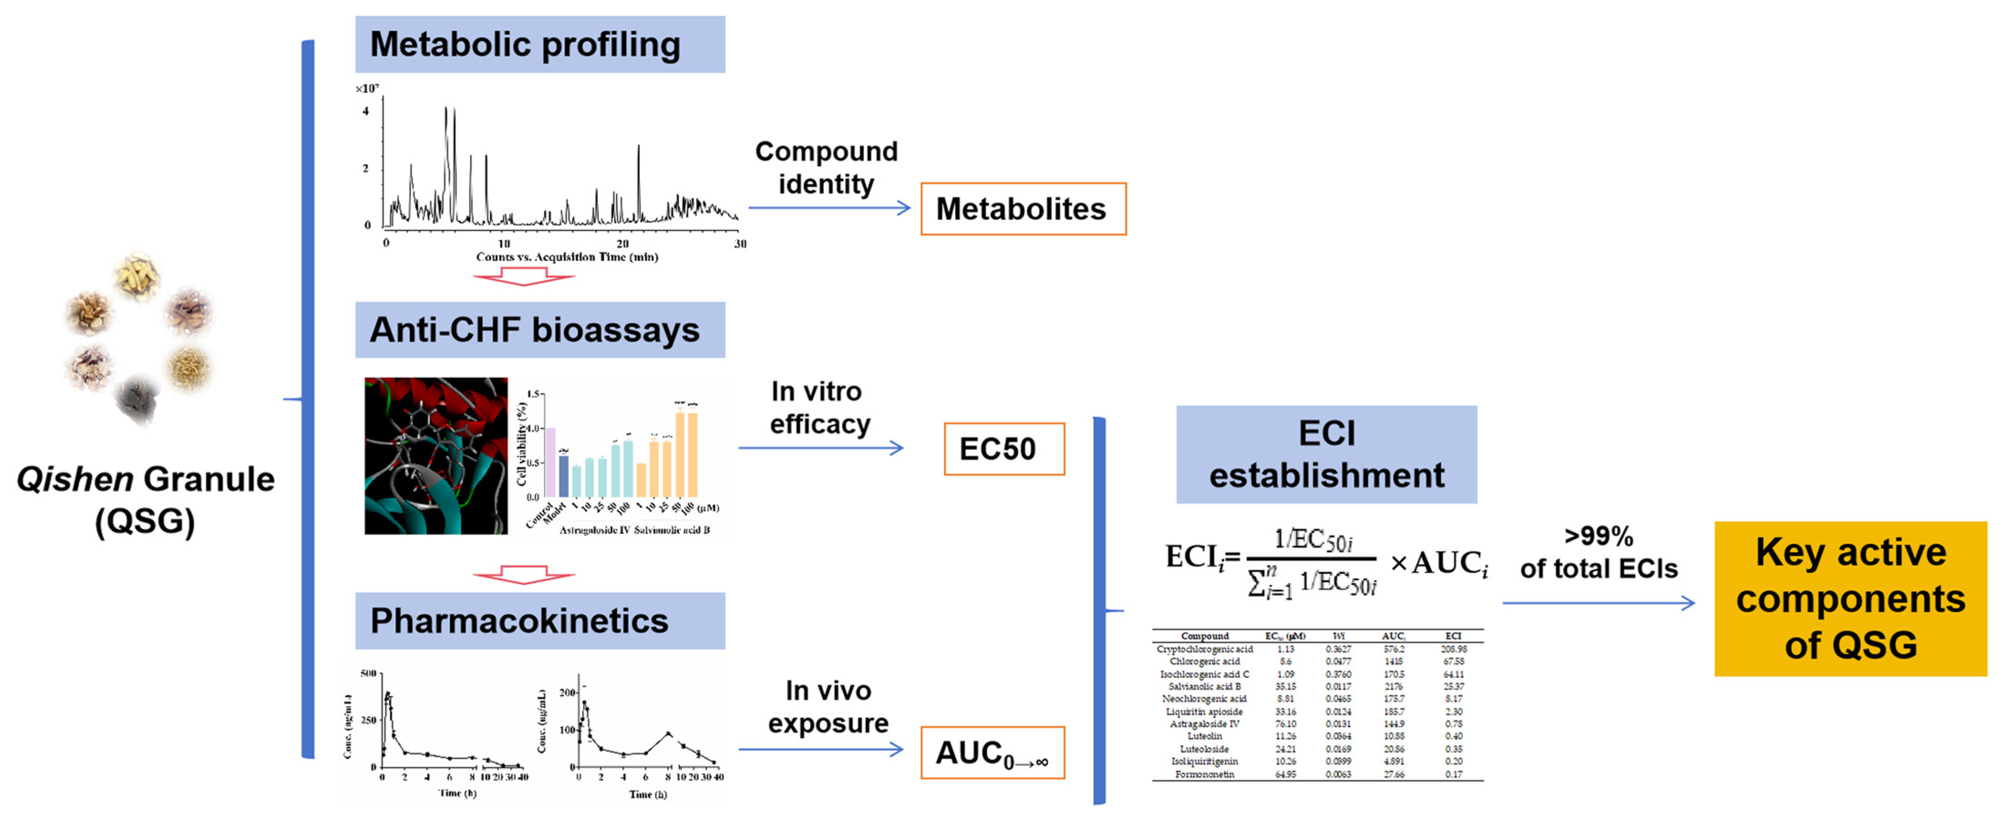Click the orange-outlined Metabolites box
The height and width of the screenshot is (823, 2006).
click(x=1023, y=209)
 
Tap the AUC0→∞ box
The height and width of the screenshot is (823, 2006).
click(x=992, y=753)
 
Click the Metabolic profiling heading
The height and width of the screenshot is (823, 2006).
click(x=540, y=44)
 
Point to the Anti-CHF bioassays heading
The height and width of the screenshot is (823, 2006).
click(x=540, y=330)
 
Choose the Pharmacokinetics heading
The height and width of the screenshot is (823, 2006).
click(x=540, y=621)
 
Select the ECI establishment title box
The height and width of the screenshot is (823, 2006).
click(x=1326, y=455)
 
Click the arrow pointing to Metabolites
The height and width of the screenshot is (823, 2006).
click(x=828, y=208)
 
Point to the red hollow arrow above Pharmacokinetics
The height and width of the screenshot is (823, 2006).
click(x=523, y=575)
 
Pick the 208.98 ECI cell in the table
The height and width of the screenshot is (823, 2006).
click(x=1453, y=649)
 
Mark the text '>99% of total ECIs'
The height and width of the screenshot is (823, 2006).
click(x=1598, y=553)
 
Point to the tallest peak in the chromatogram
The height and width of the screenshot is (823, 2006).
click(x=446, y=109)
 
